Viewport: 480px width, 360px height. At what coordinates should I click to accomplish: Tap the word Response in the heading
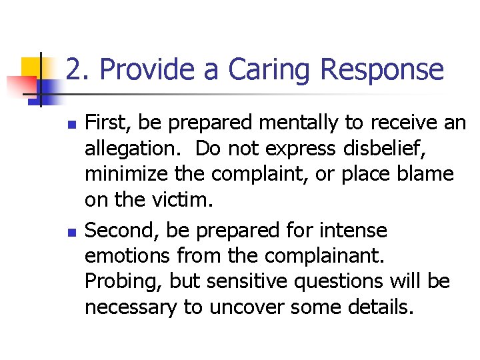click(382, 69)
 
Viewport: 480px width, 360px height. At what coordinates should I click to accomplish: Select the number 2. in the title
click(79, 69)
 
